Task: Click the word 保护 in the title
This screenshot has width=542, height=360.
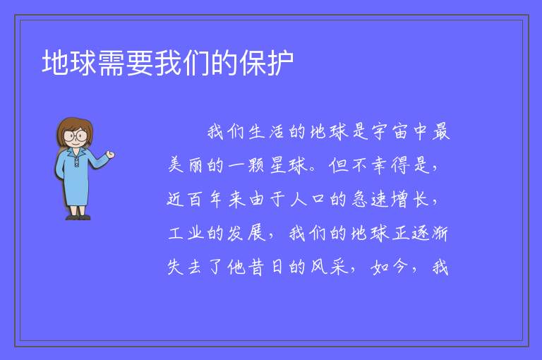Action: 267,63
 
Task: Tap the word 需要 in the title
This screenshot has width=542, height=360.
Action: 126,63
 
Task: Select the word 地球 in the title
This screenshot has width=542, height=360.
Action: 69,63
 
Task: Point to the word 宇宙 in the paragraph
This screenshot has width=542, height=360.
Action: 390,132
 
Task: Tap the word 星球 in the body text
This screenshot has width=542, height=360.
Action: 288,165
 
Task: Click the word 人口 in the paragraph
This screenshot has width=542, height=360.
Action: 308,199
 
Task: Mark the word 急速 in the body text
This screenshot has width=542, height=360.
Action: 369,199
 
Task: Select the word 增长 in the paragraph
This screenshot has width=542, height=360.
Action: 410,199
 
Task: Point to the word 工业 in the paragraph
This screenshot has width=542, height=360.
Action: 186,233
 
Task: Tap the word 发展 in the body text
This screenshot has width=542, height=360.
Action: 246,233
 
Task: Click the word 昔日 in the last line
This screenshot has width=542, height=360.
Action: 266,267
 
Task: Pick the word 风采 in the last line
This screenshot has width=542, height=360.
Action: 328,267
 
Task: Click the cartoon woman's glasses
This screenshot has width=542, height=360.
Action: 76,136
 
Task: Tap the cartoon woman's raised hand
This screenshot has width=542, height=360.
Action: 110,155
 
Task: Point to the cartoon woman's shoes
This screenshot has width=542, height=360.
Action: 78,217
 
